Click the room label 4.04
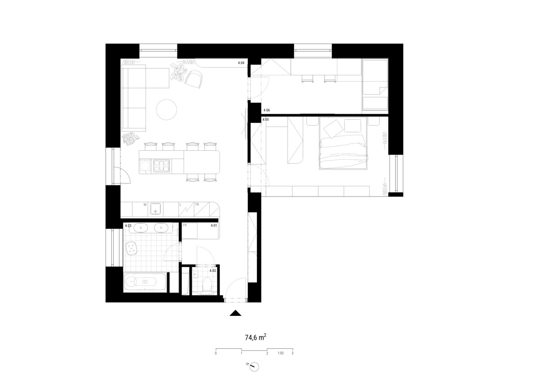(241, 63)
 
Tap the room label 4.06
(267, 110)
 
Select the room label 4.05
(265, 119)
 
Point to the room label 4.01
(214, 225)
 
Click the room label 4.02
(213, 271)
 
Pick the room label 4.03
(128, 226)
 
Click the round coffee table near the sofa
(167, 109)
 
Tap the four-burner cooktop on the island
(161, 166)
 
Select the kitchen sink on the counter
(156, 208)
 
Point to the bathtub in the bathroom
(145, 282)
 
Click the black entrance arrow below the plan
(235, 313)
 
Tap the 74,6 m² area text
(256, 337)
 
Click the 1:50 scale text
(281, 353)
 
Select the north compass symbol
(254, 367)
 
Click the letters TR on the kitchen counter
(197, 205)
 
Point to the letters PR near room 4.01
(185, 225)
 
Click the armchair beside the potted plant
(194, 79)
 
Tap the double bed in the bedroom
(343, 143)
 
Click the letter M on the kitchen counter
(145, 205)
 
